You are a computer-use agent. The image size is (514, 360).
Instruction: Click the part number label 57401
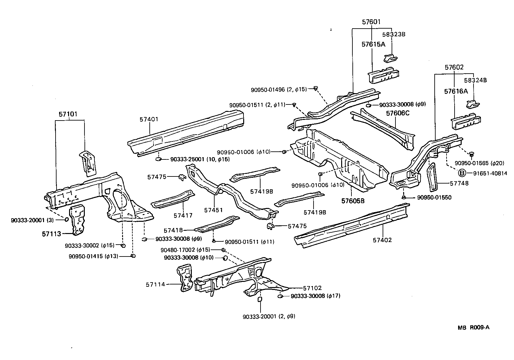coord(149,119)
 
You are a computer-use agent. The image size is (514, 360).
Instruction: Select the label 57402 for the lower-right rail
coord(382,240)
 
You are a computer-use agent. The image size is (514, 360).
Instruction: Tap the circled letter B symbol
coord(462,173)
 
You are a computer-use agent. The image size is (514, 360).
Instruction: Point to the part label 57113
coord(51,234)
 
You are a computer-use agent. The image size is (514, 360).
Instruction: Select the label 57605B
coord(353,201)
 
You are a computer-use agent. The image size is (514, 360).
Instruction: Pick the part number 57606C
coord(398,113)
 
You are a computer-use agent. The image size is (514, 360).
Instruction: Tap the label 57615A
coord(373,45)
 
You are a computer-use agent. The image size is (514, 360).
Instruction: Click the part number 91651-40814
coord(490,174)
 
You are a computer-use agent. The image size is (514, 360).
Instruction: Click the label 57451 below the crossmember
coord(213,210)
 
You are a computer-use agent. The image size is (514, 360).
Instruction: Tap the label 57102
coord(312,288)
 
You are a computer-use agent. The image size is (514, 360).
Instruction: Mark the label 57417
coord(183,215)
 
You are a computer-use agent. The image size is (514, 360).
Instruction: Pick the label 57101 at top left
coord(68,114)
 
